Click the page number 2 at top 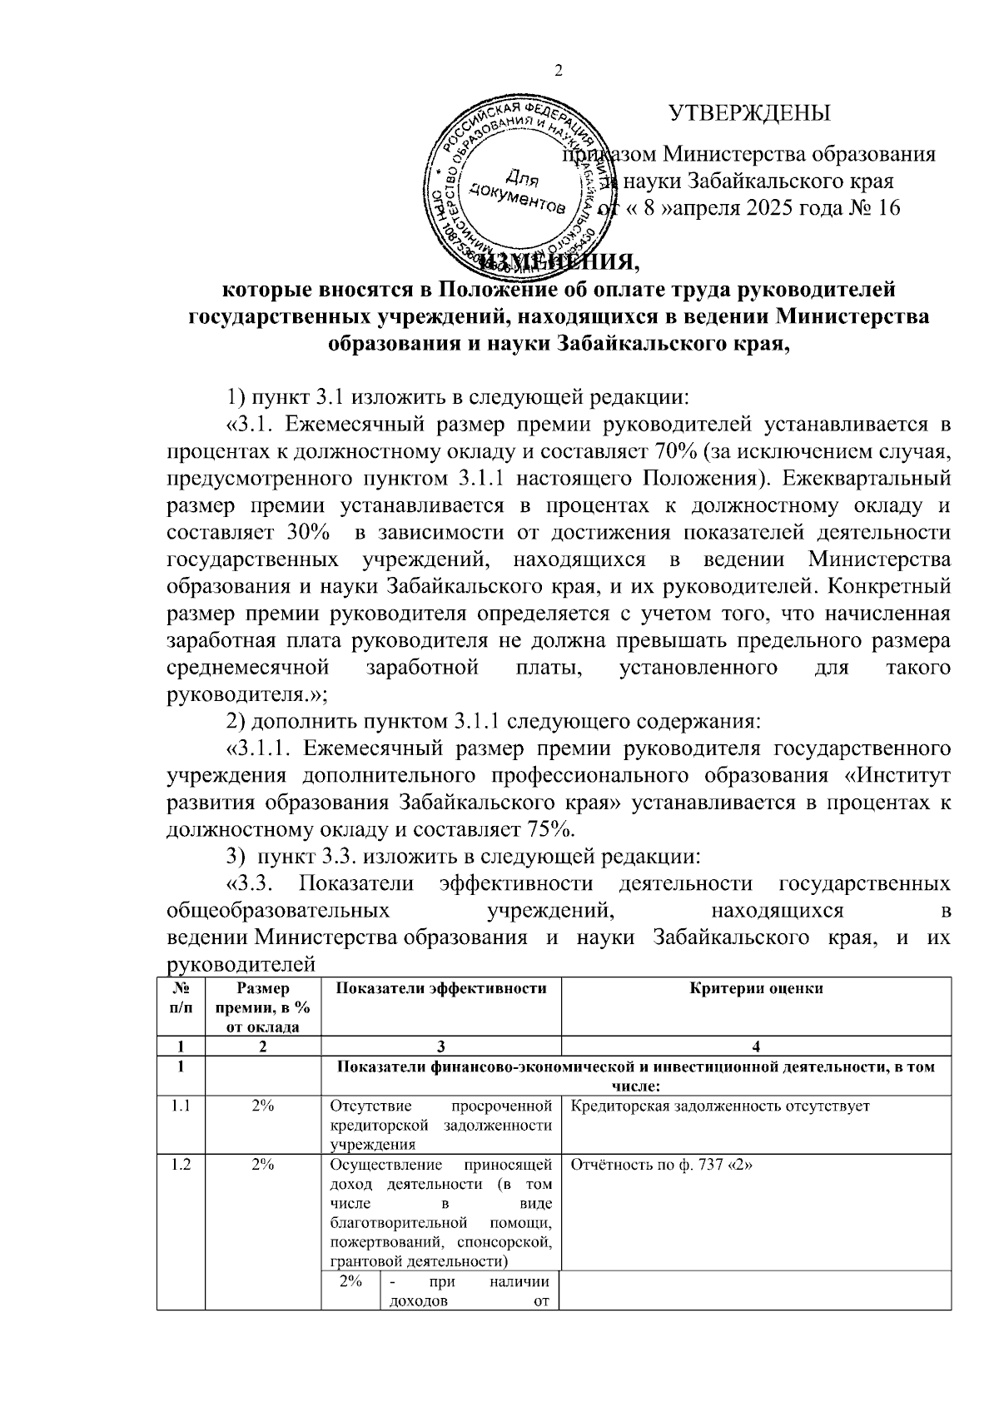point(559,71)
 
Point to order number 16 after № point(888,207)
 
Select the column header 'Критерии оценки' point(756,988)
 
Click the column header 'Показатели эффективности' point(440,988)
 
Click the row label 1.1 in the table point(181,1106)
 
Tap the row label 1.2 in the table point(181,1165)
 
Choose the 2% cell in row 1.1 point(263,1106)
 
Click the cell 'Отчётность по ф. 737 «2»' point(663,1165)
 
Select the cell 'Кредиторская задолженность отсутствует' point(720,1106)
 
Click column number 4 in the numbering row point(756,1047)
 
